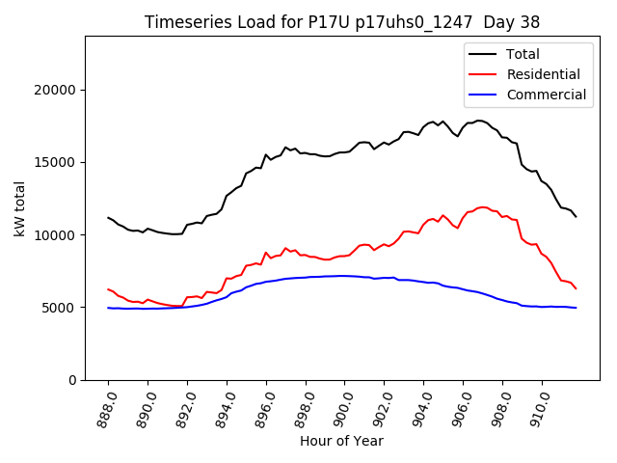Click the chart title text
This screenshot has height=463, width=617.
342,22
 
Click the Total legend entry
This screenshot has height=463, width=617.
523,54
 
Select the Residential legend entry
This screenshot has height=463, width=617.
543,74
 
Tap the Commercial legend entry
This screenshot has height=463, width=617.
546,95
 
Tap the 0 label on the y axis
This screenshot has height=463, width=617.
72,380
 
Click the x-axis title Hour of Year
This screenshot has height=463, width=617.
341,441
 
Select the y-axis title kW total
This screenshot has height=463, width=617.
20,208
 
